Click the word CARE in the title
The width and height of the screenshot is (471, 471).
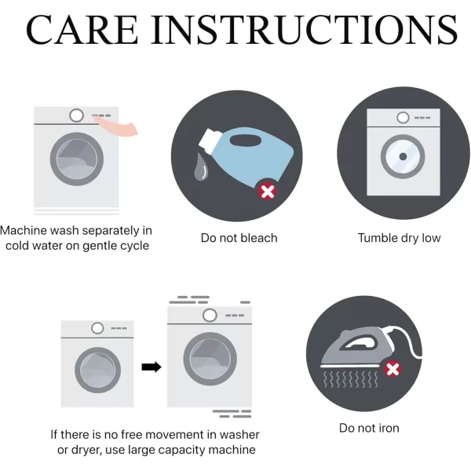click(82, 30)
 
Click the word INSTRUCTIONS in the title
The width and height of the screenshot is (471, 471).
click(304, 30)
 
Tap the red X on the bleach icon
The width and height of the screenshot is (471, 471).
click(268, 192)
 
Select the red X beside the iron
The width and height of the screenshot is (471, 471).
click(392, 369)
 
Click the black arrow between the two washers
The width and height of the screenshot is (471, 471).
click(152, 367)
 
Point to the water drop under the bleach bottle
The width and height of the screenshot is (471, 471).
click(201, 167)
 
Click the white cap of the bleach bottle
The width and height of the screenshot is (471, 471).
click(209, 141)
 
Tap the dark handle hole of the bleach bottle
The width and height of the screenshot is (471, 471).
click(246, 141)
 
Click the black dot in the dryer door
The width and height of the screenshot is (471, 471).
click(403, 156)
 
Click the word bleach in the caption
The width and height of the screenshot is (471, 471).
click(259, 238)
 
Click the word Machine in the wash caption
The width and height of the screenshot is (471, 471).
click(24, 230)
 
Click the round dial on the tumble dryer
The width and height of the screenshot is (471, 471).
click(403, 118)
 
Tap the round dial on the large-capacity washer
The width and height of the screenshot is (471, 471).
click(210, 316)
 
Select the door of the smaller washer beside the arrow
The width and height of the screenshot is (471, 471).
click(97, 370)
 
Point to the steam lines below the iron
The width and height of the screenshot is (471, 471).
click(350, 379)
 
